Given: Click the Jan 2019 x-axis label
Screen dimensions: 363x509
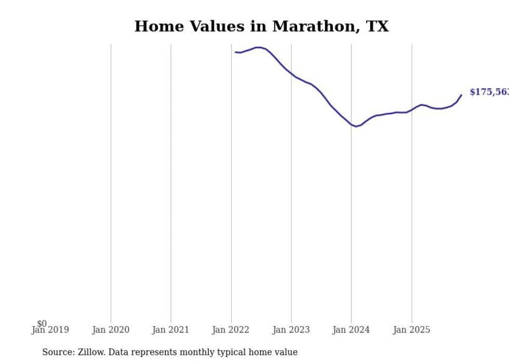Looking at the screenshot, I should (50, 330).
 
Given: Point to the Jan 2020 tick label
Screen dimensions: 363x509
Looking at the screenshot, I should (111, 330).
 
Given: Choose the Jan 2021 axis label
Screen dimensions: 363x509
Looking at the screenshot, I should (171, 330).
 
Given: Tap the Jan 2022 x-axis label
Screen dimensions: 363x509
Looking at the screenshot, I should (231, 330).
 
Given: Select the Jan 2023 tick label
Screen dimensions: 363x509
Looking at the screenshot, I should (291, 330).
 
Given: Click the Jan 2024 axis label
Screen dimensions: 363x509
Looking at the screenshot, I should (351, 330).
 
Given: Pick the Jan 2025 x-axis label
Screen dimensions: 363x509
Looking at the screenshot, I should (411, 330).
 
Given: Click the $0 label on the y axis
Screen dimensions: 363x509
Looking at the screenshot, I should (42, 324).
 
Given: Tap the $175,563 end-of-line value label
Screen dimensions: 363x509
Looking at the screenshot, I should (488, 92).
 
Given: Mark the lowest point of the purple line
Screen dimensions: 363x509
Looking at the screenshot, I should (356, 126).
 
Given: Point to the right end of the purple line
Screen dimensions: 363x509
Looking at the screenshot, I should (461, 95).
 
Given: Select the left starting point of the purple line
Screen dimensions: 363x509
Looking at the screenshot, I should (235, 52).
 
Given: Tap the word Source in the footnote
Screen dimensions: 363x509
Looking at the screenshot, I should (58, 352).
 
